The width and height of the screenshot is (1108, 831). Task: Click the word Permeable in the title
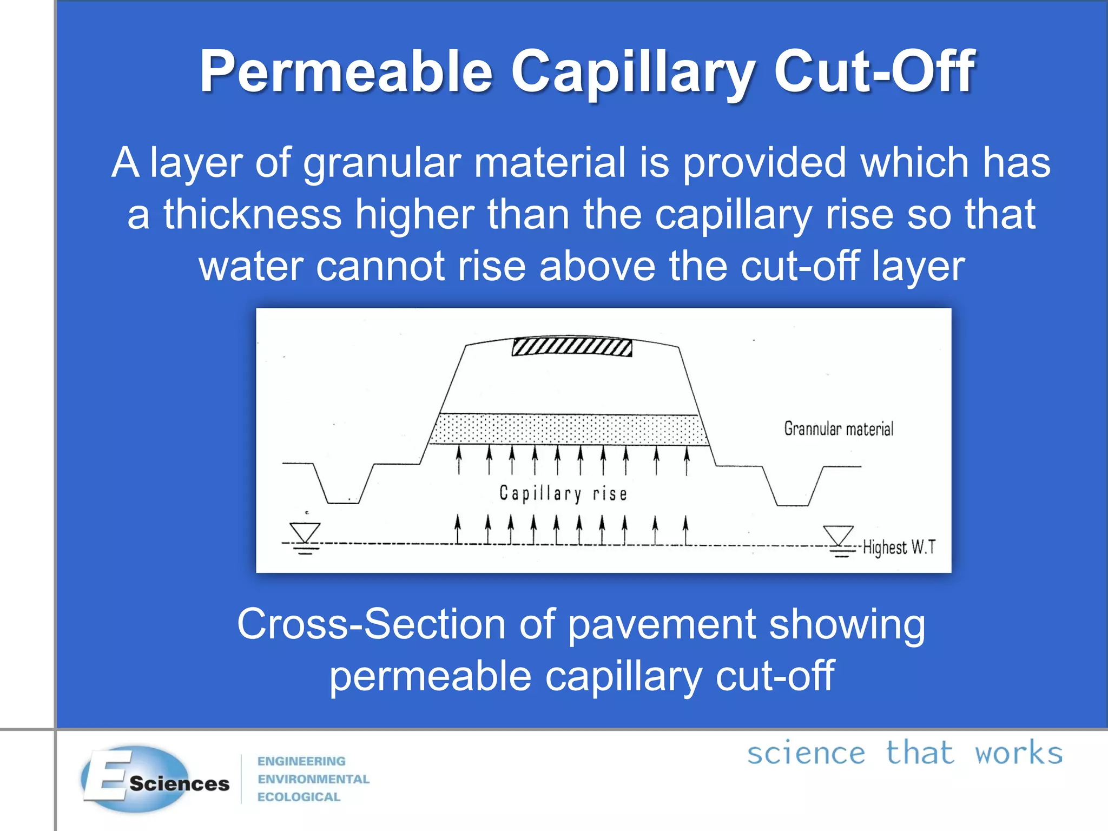pos(346,72)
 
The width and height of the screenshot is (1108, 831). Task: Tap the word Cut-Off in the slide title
pos(874,72)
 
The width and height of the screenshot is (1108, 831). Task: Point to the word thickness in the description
pos(253,214)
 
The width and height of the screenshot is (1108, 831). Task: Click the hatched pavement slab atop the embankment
pos(572,347)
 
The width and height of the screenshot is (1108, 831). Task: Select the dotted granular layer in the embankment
pos(568,430)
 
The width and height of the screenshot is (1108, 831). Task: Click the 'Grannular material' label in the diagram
pos(839,429)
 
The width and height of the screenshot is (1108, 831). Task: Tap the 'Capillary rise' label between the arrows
pos(563,493)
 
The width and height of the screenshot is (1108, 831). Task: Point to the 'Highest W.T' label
pos(899,547)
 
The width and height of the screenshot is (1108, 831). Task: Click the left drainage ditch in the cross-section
pos(343,487)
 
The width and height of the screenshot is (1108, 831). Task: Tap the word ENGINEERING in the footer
pos(301,761)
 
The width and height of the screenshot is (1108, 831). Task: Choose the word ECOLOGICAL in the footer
pos(299,797)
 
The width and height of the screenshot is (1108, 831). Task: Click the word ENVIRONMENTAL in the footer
pos(313,779)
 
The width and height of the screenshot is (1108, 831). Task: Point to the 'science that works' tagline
pos(905,753)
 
